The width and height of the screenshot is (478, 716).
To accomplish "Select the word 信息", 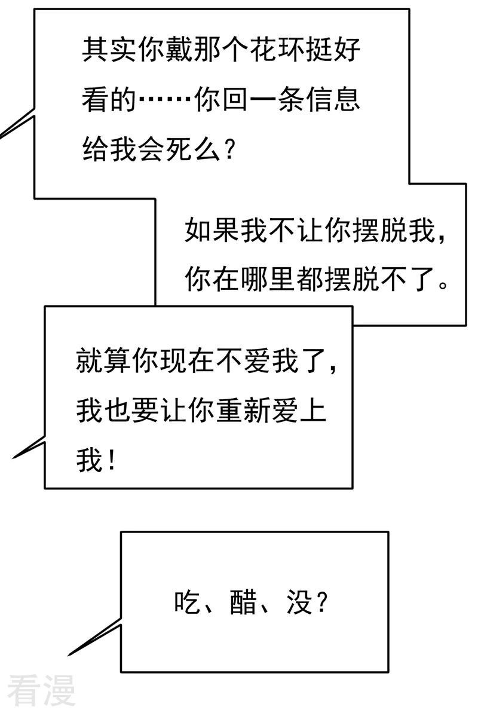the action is click(x=333, y=99).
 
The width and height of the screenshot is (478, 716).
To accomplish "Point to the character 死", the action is click(x=179, y=148).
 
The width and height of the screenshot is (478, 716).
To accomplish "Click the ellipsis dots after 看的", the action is click(x=166, y=99).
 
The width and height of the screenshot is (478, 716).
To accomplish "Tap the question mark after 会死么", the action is click(x=229, y=149).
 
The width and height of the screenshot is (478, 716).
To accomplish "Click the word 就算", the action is click(x=103, y=360).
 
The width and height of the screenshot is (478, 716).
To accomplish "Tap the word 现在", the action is click(x=187, y=360).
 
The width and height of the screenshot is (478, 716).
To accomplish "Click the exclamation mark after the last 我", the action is click(x=111, y=460).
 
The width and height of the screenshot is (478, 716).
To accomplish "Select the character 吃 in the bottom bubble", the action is click(x=188, y=602).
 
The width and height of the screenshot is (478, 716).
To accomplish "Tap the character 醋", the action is click(x=244, y=602).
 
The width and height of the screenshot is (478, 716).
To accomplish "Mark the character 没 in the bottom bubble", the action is click(x=299, y=602).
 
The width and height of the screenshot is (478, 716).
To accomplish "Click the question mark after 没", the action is click(x=322, y=602).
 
